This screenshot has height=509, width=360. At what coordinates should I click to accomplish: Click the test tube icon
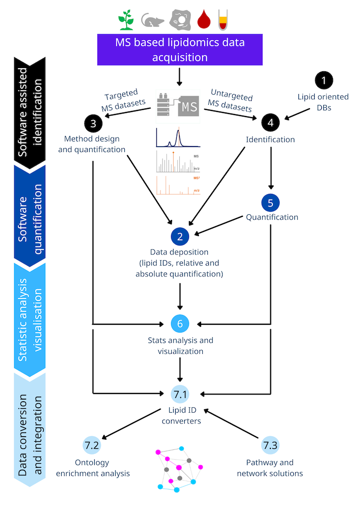coord(223,19)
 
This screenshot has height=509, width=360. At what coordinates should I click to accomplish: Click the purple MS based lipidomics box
coord(180,49)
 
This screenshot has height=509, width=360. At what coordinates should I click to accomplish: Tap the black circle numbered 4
coord(270,122)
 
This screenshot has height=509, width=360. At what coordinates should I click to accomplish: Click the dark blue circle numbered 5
coord(270,203)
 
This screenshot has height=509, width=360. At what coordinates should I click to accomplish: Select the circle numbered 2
coord(180,236)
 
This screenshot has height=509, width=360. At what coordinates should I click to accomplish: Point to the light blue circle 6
coord(180,323)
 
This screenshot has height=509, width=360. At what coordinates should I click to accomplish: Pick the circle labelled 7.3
coord(270,445)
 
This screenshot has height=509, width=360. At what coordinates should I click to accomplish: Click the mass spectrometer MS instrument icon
coord(178,106)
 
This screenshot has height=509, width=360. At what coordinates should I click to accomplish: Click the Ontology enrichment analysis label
coord(93,468)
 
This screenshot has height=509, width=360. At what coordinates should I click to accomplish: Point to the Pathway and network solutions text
coord(270,468)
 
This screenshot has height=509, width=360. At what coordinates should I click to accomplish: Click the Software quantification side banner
coord(29,214)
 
